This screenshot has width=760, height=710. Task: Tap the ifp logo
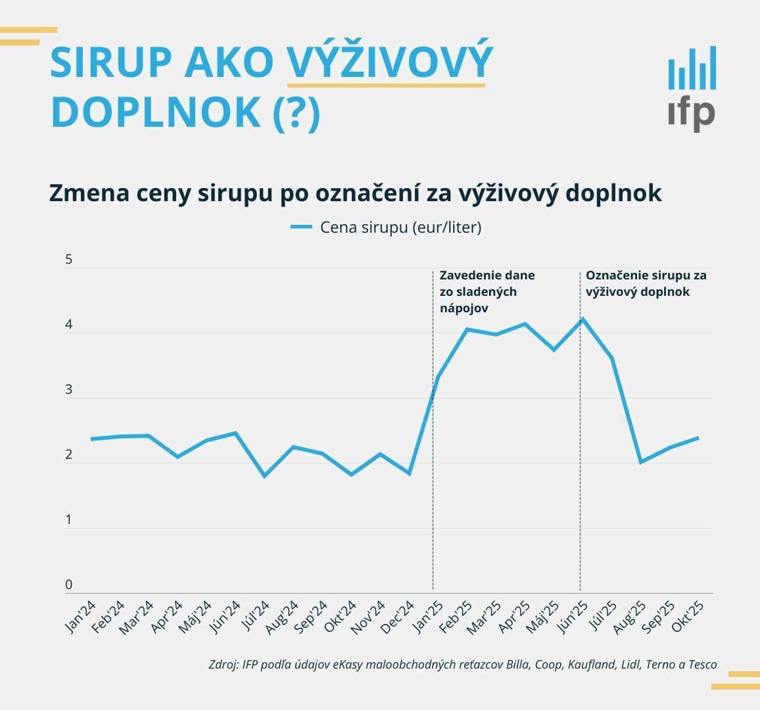click(692, 89)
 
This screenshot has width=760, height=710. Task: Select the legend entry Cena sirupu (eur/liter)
click(387, 227)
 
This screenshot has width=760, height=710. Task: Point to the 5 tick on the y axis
click(69, 260)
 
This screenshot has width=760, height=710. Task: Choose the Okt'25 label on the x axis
click(689, 617)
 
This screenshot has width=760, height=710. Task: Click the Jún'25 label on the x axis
click(573, 617)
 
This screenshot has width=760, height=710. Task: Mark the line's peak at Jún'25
click(582, 319)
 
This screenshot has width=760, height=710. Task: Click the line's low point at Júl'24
click(264, 476)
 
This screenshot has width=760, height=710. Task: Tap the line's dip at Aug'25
click(640, 462)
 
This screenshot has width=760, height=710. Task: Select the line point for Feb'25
click(467, 329)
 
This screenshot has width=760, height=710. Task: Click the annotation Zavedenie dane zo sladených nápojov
click(487, 291)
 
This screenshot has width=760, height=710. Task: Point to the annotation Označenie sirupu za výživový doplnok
click(645, 283)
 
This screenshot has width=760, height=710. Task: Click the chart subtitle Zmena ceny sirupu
click(355, 193)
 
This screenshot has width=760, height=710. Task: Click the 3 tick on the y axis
click(69, 390)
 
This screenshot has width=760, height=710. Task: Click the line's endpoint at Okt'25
click(698, 438)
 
